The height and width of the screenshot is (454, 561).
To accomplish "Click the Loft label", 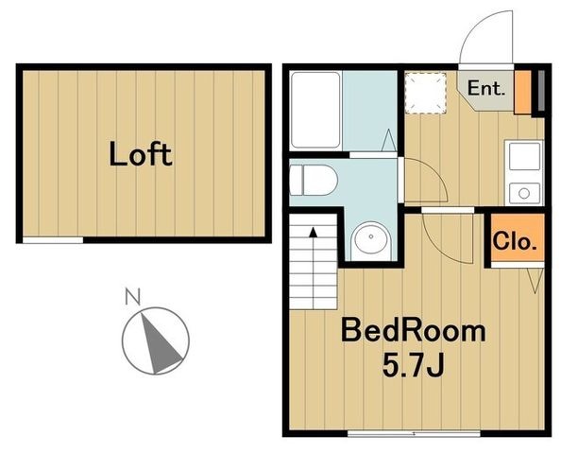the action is [x=141, y=154].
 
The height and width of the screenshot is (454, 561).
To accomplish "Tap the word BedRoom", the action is [x=414, y=330].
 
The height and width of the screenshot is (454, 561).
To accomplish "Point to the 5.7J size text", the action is [x=414, y=365].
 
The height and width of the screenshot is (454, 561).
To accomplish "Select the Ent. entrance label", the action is [x=486, y=88].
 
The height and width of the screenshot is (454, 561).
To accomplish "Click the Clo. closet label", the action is [x=516, y=241].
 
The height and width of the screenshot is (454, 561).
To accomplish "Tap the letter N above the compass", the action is [x=132, y=297].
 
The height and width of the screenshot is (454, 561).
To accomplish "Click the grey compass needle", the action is [x=160, y=344].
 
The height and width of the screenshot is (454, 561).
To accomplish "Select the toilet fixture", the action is [x=314, y=181].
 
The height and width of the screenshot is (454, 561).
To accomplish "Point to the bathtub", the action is [x=315, y=110].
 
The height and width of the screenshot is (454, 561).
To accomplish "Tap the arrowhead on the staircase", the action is [x=314, y=232].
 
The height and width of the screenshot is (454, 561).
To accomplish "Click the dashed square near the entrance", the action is [x=425, y=94].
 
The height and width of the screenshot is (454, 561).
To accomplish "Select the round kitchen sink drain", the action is [x=524, y=194].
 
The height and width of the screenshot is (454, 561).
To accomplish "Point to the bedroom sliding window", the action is [x=414, y=433].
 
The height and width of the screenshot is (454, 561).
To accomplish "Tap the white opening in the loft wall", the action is [x=53, y=240].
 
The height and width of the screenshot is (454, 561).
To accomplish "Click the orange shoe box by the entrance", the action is [x=522, y=93].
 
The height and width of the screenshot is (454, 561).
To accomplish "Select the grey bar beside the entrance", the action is [x=541, y=91].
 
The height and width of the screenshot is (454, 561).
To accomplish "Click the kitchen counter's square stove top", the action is [x=524, y=156].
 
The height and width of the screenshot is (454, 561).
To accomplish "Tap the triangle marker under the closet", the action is [x=535, y=281].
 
